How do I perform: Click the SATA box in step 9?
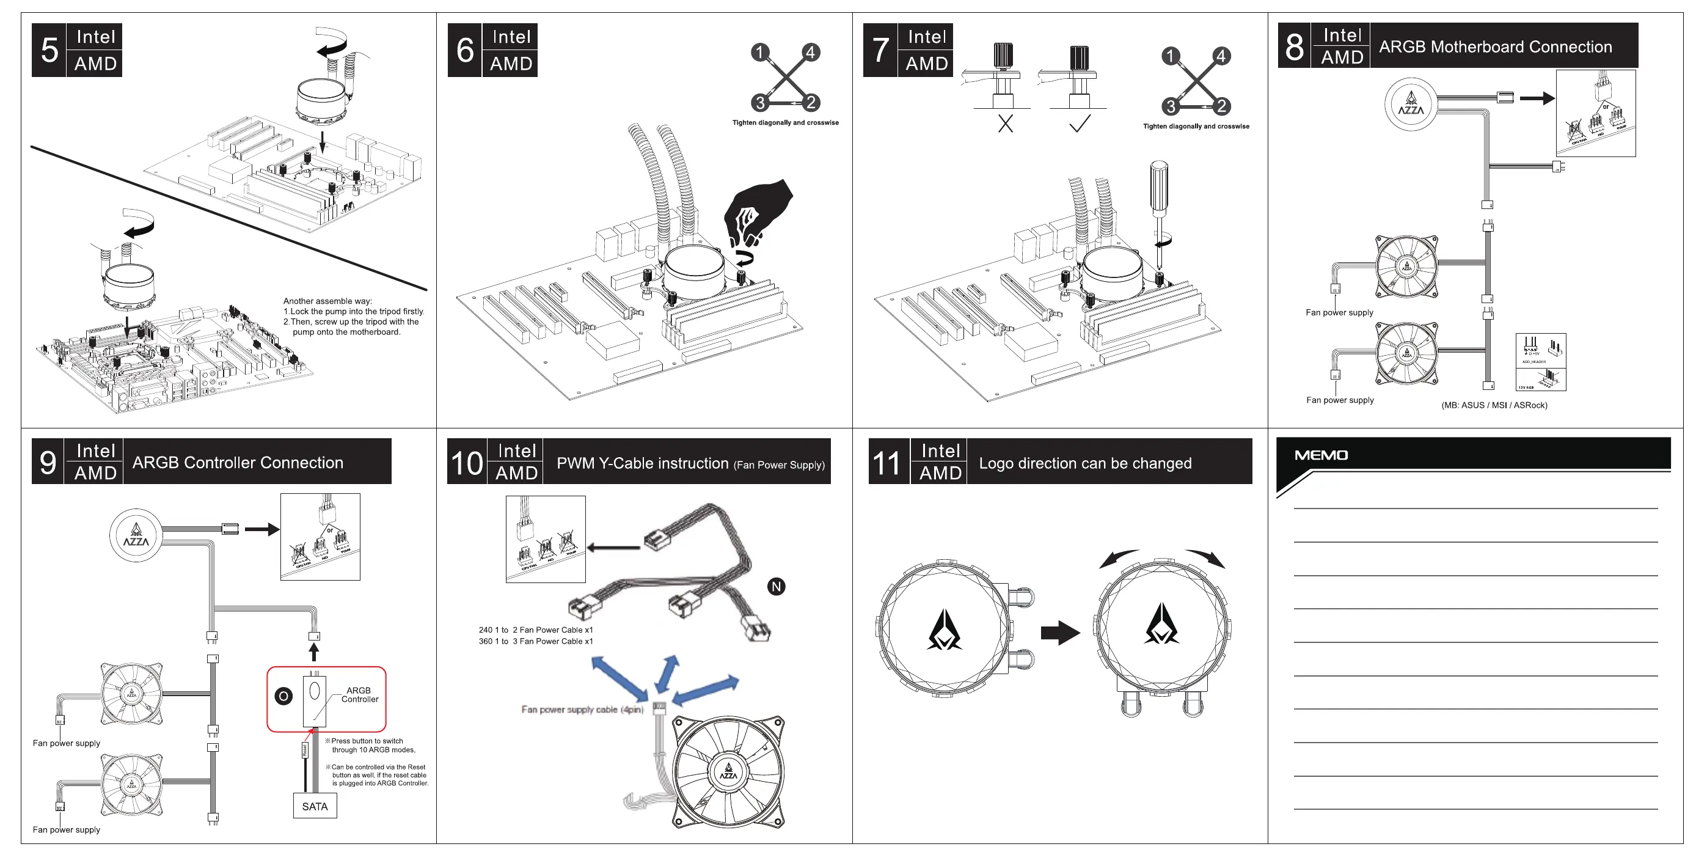pos(315,806)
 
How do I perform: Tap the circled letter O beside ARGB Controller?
pos(283,696)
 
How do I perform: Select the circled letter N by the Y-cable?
pos(777,586)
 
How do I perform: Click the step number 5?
pos(49,50)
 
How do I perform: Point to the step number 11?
pos(886,463)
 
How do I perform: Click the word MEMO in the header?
pos(1321,455)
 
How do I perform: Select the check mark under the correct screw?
pos(1079,123)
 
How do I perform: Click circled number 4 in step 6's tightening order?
pos(811,52)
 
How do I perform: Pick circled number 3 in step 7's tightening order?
pos(1170,106)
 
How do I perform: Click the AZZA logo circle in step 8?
pos(1410,104)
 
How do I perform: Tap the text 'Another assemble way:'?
pos(327,301)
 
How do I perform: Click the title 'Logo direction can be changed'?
pos(1084,463)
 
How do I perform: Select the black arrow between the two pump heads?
pos(1059,633)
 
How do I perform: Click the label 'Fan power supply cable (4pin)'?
pos(582,710)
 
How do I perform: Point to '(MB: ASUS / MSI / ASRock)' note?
pos(1494,405)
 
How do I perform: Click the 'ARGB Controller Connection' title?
pos(238,463)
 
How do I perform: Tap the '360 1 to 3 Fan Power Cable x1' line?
pos(535,641)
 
